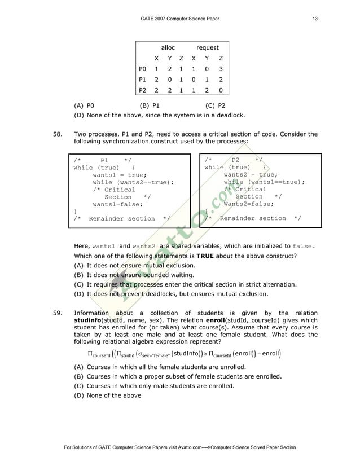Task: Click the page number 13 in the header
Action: click(315, 20)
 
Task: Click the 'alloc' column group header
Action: click(168, 48)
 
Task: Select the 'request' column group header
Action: click(207, 48)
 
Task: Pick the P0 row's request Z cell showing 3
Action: click(221, 69)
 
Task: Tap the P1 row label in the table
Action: click(143, 80)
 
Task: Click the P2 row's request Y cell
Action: click(207, 90)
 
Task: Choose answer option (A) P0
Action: click(84, 105)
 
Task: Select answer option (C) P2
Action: click(216, 105)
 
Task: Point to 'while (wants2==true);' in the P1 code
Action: click(134, 182)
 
